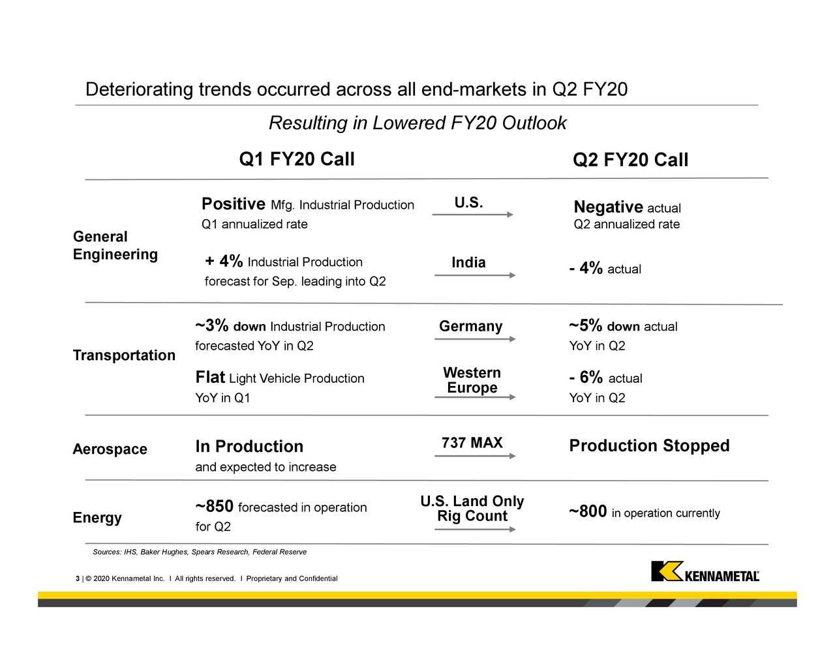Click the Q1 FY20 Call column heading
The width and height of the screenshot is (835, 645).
pos(297,159)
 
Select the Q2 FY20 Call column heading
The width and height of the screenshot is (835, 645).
pos(630,160)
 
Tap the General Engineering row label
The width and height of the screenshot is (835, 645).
pos(115,245)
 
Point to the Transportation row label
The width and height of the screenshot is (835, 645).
pos(124,355)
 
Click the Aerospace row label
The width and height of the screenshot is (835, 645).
pos(110,449)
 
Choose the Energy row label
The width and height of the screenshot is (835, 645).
pos(97,518)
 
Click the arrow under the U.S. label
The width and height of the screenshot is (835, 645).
pos(473,215)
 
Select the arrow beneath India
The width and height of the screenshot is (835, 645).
pos(475,275)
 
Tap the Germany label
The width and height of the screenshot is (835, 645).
pos(470,326)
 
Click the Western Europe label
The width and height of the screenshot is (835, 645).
pos(472,380)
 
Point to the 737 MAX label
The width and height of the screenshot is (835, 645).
pos(472,443)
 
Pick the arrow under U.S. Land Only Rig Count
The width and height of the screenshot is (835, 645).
pos(475,529)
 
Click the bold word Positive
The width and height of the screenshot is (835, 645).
pos(233,204)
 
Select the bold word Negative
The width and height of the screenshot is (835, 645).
pos(608,207)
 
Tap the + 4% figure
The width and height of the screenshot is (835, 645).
pos(224,262)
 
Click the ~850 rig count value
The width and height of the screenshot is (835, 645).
pos(215,507)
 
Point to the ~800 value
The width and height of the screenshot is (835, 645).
pos(588,512)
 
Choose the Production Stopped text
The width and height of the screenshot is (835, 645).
pos(649,446)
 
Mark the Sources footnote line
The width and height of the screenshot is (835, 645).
pos(200,552)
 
